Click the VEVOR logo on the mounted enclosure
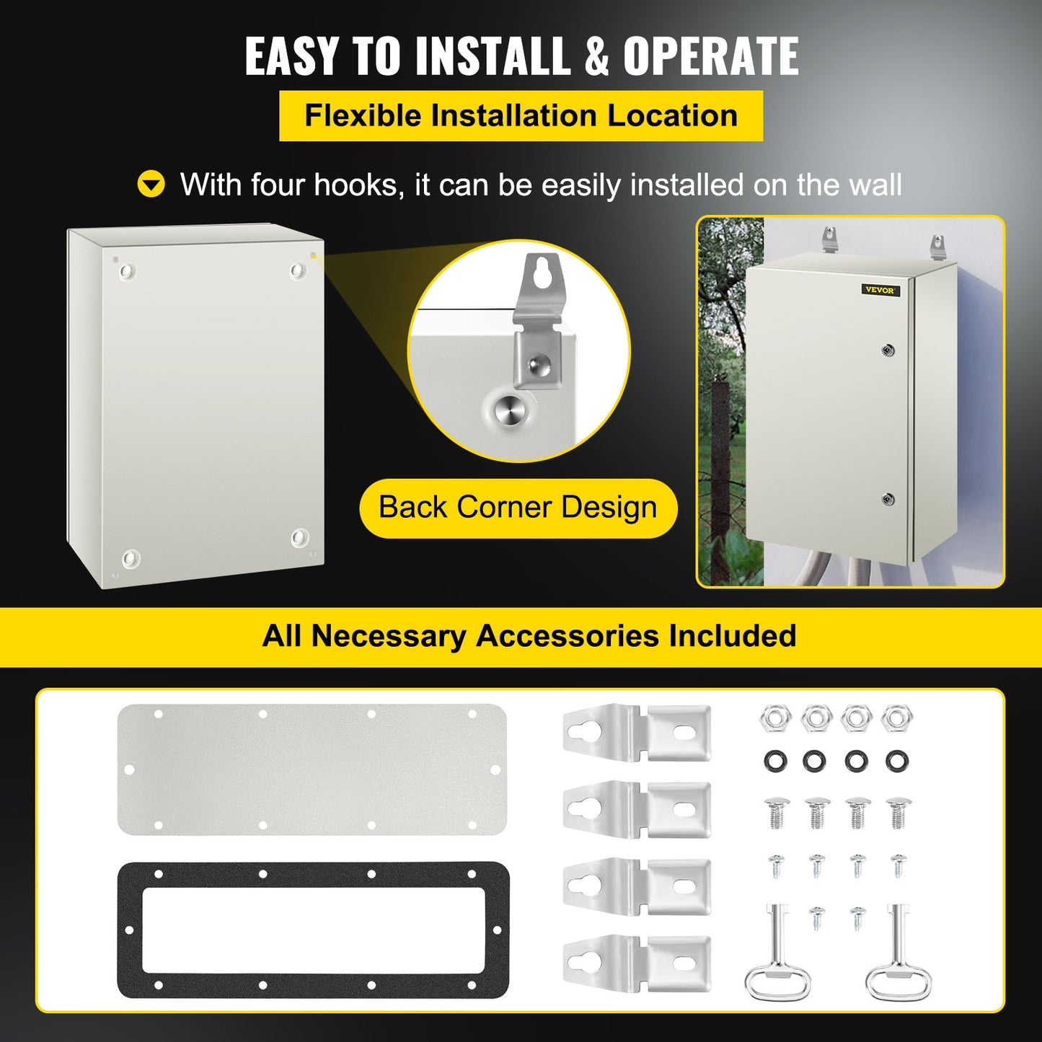pyautogui.click(x=880, y=290)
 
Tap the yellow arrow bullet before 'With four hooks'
pyautogui.click(x=151, y=185)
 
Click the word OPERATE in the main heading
pyautogui.click(x=710, y=56)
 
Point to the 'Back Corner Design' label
pyautogui.click(x=518, y=508)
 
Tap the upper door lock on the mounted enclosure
pyautogui.click(x=888, y=350)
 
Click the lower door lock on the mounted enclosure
pyautogui.click(x=888, y=499)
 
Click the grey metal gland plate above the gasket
pyautogui.click(x=312, y=769)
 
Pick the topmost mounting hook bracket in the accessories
pyautogui.click(x=636, y=733)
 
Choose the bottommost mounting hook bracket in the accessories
pyautogui.click(x=636, y=963)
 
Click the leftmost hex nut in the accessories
pyautogui.click(x=775, y=718)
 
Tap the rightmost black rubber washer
pyautogui.click(x=897, y=760)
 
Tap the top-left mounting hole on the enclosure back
pyautogui.click(x=127, y=271)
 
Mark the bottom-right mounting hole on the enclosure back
pyautogui.click(x=299, y=538)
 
